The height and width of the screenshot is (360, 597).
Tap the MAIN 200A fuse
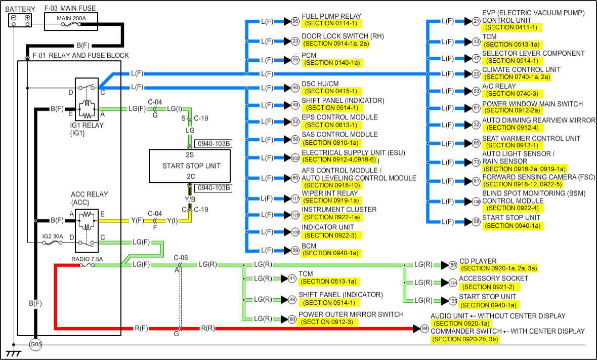[71, 19]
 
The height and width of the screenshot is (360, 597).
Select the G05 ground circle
[35, 345]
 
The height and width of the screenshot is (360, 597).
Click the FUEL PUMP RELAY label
[331, 16]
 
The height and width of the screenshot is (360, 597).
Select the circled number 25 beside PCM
[295, 60]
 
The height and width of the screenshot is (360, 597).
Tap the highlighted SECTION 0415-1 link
[332, 91]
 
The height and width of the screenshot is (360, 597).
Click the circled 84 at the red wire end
[424, 329]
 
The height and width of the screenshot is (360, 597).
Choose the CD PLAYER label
[478, 261]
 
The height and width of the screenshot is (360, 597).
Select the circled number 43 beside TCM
[476, 42]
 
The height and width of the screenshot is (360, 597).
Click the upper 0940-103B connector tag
[213, 143]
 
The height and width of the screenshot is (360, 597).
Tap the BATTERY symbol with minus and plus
[21, 20]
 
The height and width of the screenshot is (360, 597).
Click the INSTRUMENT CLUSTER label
[339, 210]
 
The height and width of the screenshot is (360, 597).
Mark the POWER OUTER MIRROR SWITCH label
[351, 314]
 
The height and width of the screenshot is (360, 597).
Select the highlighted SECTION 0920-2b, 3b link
[466, 339]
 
